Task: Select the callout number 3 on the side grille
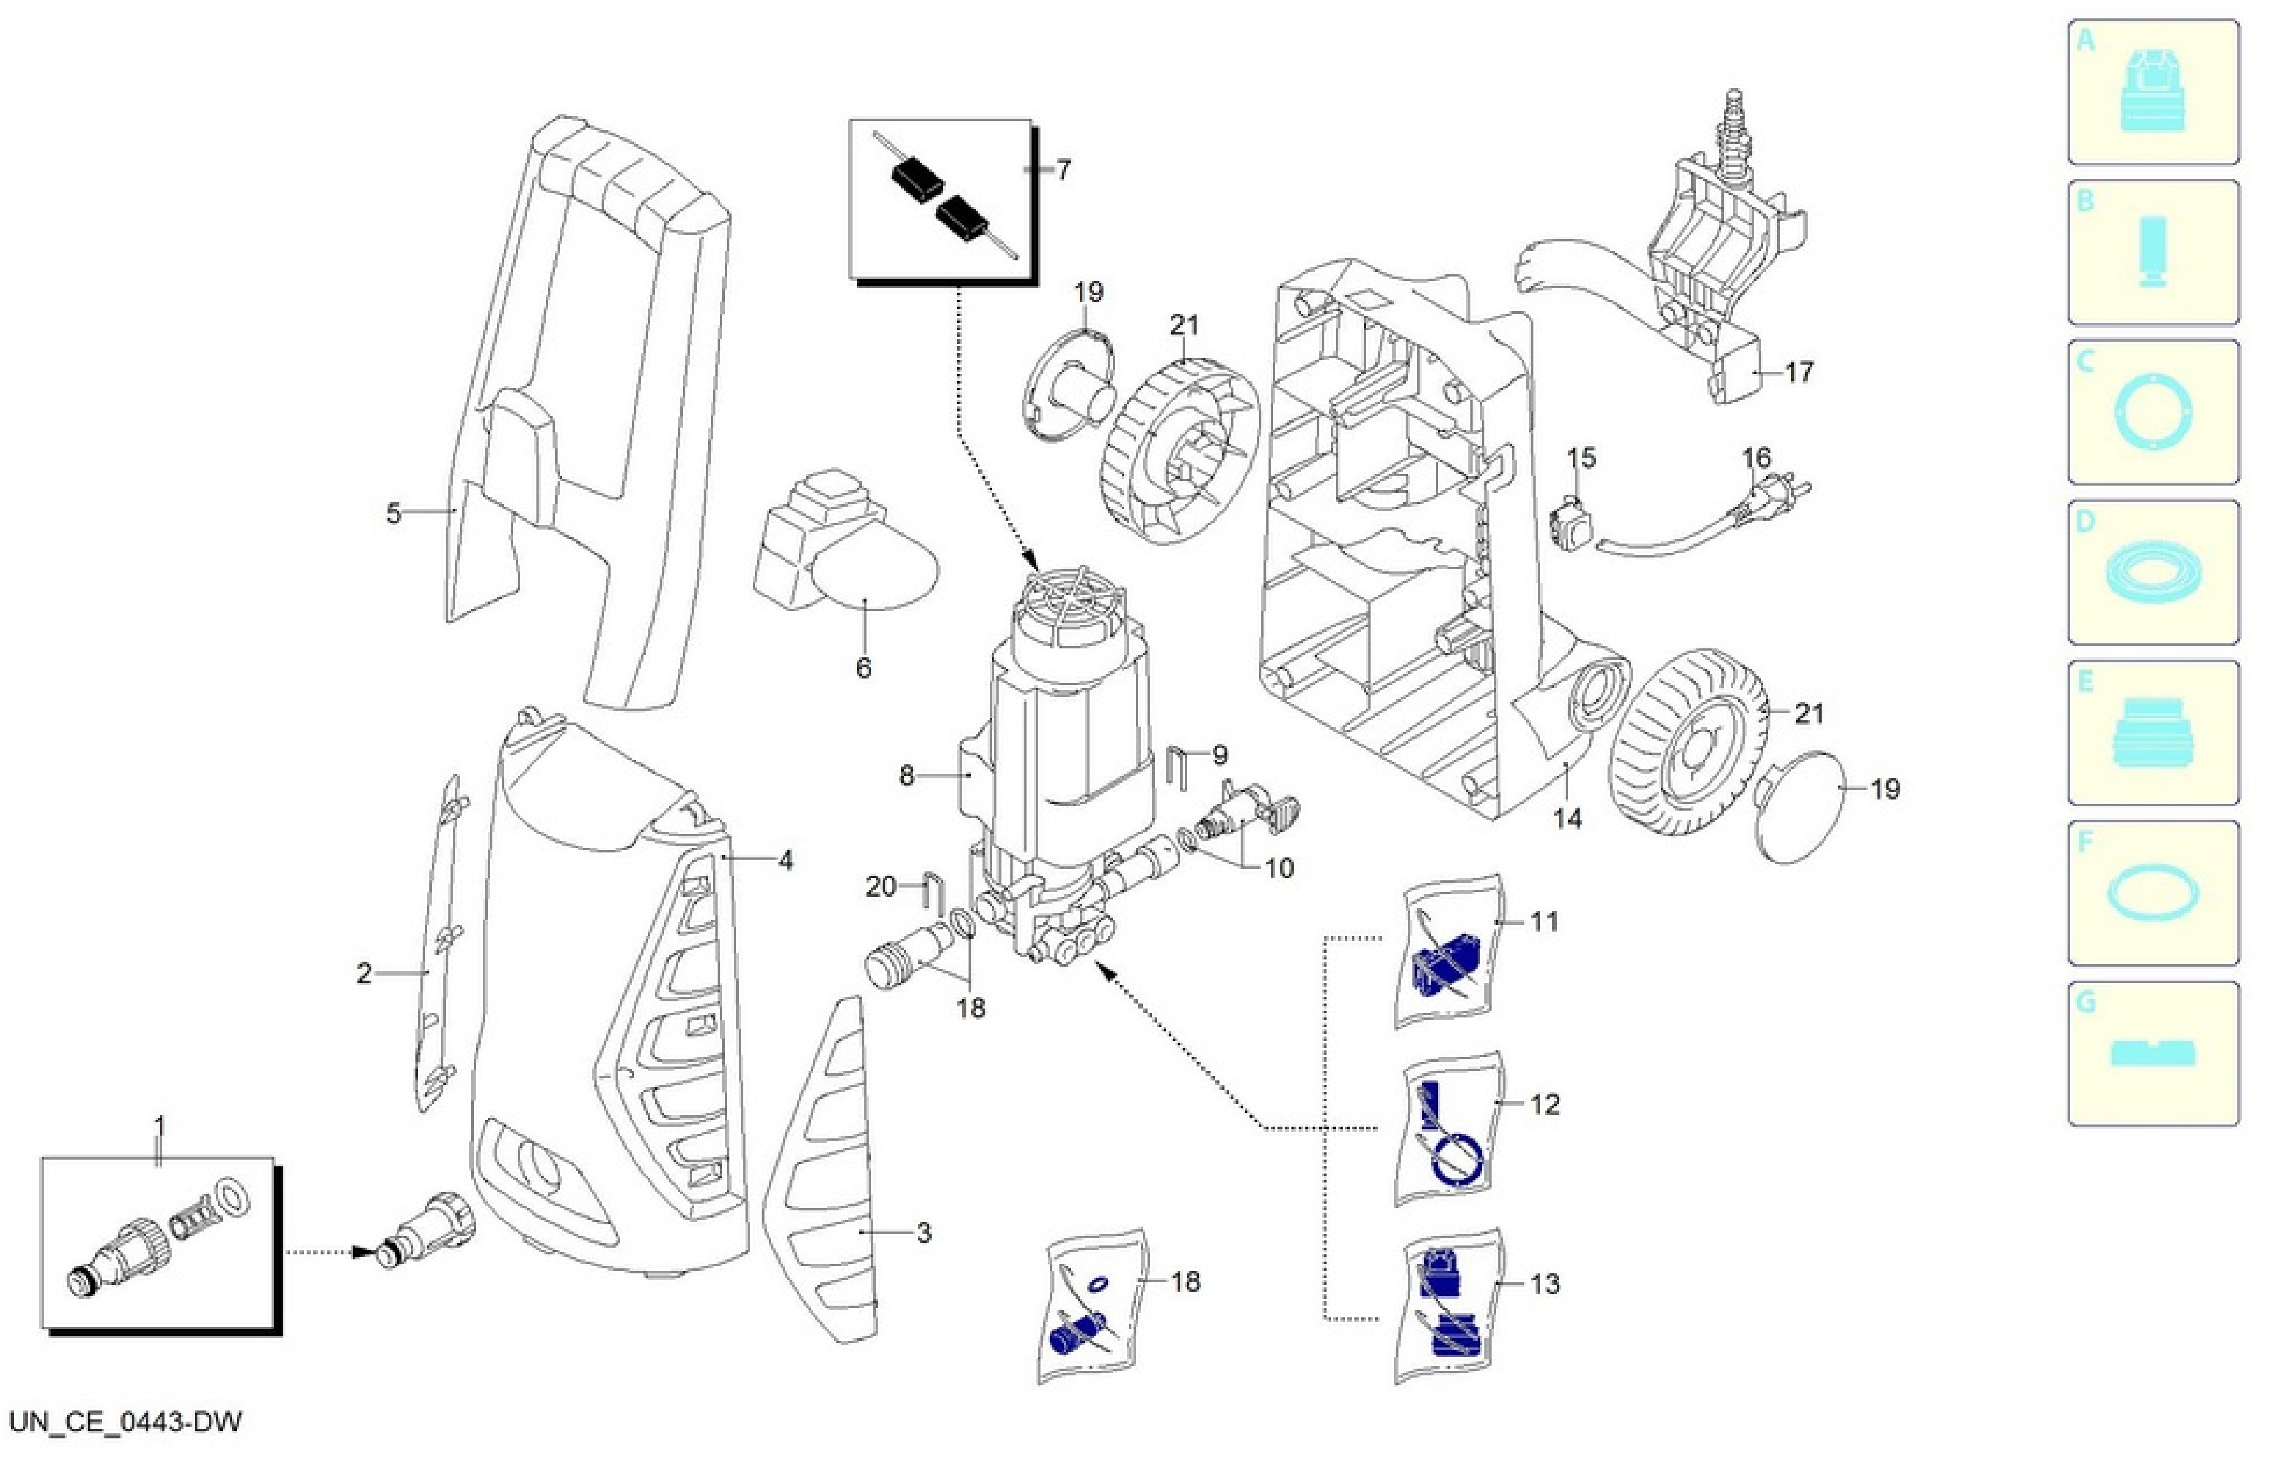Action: coord(923,1233)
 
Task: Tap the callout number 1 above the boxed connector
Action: coord(159,1127)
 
